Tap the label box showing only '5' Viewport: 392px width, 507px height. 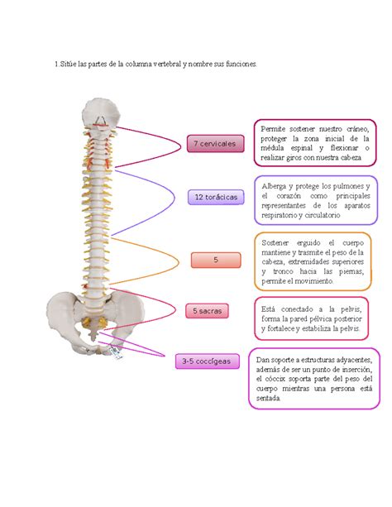(x=215, y=260)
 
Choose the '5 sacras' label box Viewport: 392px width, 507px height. (x=206, y=311)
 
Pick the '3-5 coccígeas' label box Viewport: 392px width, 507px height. (x=207, y=361)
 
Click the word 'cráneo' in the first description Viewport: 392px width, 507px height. (x=351, y=129)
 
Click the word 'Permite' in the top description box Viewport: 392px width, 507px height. (x=275, y=129)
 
